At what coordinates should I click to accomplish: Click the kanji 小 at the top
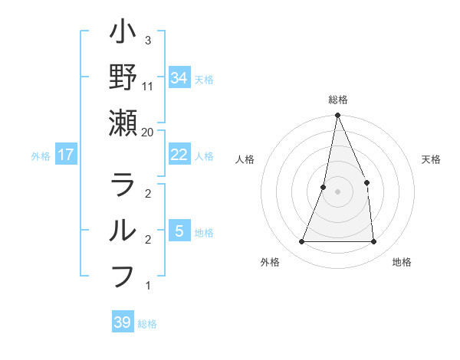pos(123,35)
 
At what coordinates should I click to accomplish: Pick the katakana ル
pos(123,230)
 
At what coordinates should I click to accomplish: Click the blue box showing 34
pos(179,77)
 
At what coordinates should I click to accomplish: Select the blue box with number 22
pos(179,154)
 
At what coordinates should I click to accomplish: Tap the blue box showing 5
pos(179,231)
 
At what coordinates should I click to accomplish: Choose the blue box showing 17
pos(66,155)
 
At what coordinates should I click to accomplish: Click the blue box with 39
pos(123,322)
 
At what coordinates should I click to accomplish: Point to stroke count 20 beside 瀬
pos(148,132)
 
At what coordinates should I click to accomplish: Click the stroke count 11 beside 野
pos(148,87)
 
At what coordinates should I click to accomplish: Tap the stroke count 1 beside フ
pos(148,286)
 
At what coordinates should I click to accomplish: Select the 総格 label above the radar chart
pos(338,100)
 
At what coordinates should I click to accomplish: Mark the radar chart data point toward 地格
pos(374,242)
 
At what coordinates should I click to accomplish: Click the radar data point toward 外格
pos(301,242)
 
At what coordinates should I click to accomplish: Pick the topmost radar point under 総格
pos(338,116)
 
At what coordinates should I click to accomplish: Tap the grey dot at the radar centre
pos(338,191)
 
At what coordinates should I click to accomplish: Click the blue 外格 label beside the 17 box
pos(41,155)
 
